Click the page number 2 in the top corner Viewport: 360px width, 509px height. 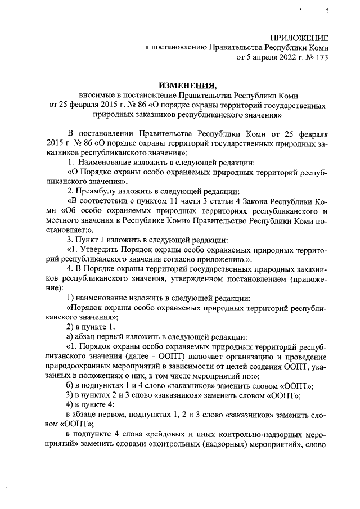point(326,11)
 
